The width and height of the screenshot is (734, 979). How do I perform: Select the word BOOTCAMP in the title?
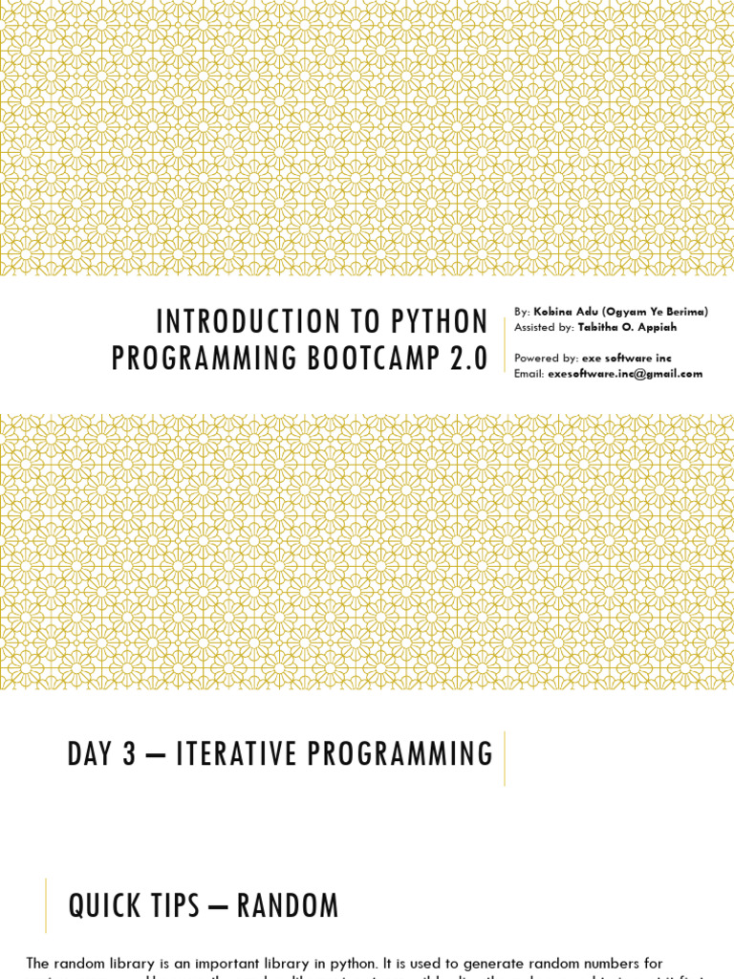370,359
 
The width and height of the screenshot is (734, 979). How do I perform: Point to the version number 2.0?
467,359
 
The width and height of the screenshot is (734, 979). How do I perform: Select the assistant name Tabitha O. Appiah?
627,327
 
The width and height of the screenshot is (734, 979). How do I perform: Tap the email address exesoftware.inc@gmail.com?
625,374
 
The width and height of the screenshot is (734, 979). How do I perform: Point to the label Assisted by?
544,327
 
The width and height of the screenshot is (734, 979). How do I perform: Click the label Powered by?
546,358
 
